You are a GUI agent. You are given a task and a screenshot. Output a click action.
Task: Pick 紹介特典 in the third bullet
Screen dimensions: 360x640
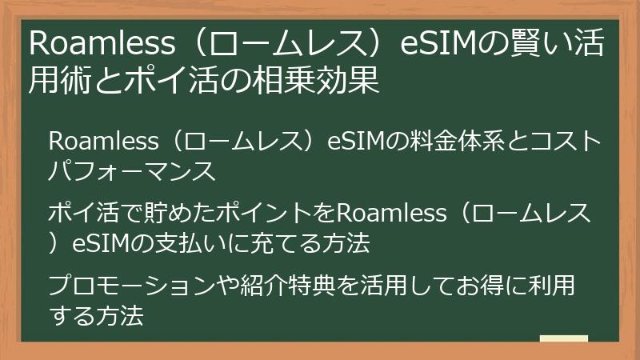click(281, 286)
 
